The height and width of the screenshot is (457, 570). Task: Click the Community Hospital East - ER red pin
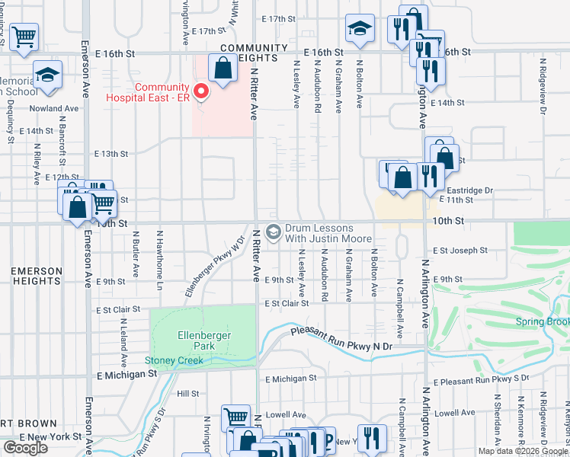coord(201,92)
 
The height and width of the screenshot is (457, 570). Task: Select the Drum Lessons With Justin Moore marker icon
coord(274,231)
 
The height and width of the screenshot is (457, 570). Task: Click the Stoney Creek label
coord(175,360)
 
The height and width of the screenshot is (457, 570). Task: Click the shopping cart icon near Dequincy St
coord(24,35)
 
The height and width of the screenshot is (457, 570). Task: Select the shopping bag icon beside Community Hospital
coord(222,69)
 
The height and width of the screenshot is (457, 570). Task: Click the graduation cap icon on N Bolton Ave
coord(359,29)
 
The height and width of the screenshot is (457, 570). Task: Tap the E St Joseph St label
coord(460,250)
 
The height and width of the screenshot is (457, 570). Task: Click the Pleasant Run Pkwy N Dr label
coord(343,340)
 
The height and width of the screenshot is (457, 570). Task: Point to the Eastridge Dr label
coord(470,190)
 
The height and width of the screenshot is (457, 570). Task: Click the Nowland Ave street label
coord(54,108)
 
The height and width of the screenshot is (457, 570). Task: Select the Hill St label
coord(187,394)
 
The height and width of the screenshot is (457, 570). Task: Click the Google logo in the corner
coord(25,447)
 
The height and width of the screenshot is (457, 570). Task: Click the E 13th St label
coord(111,154)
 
